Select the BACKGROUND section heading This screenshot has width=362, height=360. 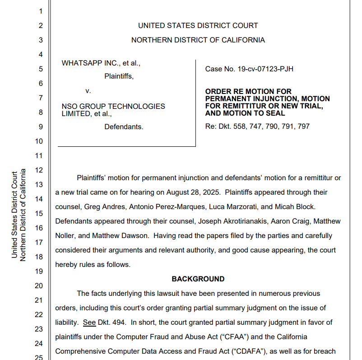click(x=198, y=279)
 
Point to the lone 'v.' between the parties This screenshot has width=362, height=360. click(x=88, y=91)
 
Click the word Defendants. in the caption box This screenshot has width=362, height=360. click(x=124, y=127)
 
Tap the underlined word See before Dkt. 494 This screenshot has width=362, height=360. click(x=89, y=323)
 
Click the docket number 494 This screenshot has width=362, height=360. click(x=121, y=323)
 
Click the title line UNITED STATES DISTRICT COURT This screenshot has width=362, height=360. click(x=198, y=26)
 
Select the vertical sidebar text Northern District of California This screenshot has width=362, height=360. click(x=23, y=215)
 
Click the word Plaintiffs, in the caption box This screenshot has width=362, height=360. click(x=119, y=76)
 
